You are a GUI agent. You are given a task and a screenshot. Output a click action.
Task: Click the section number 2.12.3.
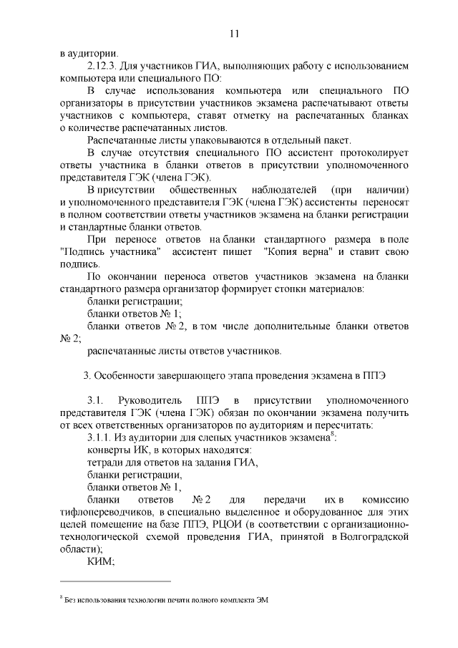pos(103,66)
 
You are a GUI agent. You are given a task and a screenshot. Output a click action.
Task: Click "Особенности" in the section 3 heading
pos(127,374)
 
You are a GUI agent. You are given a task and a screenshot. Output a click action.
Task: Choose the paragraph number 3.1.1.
pos(102,437)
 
